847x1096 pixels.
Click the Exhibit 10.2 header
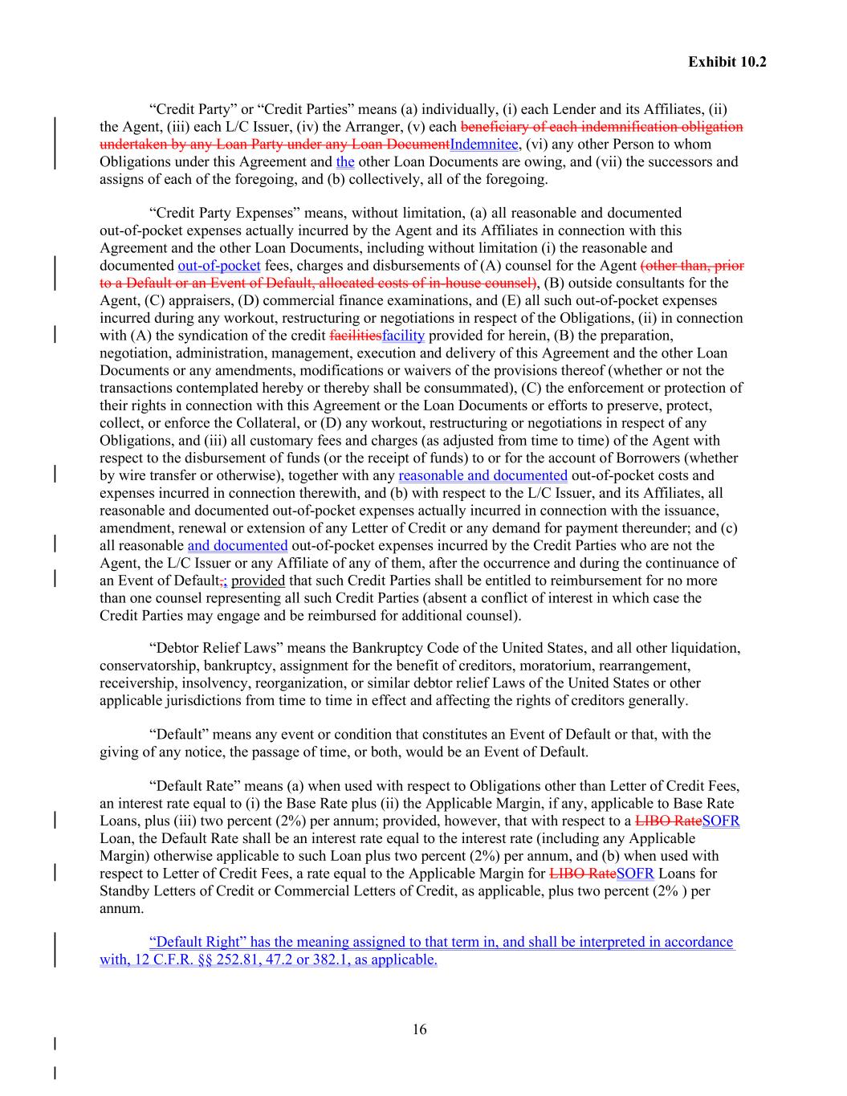[727, 61]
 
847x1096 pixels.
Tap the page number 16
[419, 1030]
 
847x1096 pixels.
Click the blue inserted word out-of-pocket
[218, 266]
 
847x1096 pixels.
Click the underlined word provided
[258, 581]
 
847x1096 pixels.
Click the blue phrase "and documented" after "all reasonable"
[238, 546]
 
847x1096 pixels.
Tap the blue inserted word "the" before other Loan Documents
[345, 162]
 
